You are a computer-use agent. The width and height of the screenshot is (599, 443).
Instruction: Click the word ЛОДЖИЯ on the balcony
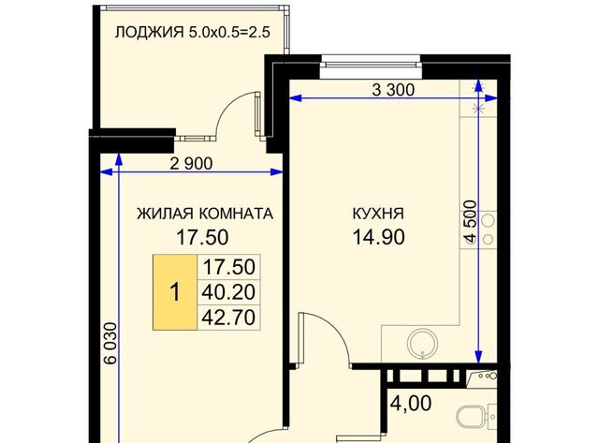click(148, 34)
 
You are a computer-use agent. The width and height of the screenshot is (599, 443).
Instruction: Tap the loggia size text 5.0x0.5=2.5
click(230, 34)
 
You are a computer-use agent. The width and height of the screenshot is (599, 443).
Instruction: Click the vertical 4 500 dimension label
click(470, 223)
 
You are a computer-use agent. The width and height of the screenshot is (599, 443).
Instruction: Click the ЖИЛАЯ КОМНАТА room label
click(204, 214)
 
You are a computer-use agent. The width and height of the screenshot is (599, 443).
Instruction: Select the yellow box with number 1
click(174, 292)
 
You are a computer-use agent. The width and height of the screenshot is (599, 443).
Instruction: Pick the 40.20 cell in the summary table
click(228, 292)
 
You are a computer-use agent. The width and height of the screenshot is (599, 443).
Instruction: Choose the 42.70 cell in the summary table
click(228, 317)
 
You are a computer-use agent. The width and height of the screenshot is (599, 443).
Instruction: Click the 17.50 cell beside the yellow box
click(228, 267)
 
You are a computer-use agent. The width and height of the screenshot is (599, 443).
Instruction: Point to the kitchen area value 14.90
click(378, 237)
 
